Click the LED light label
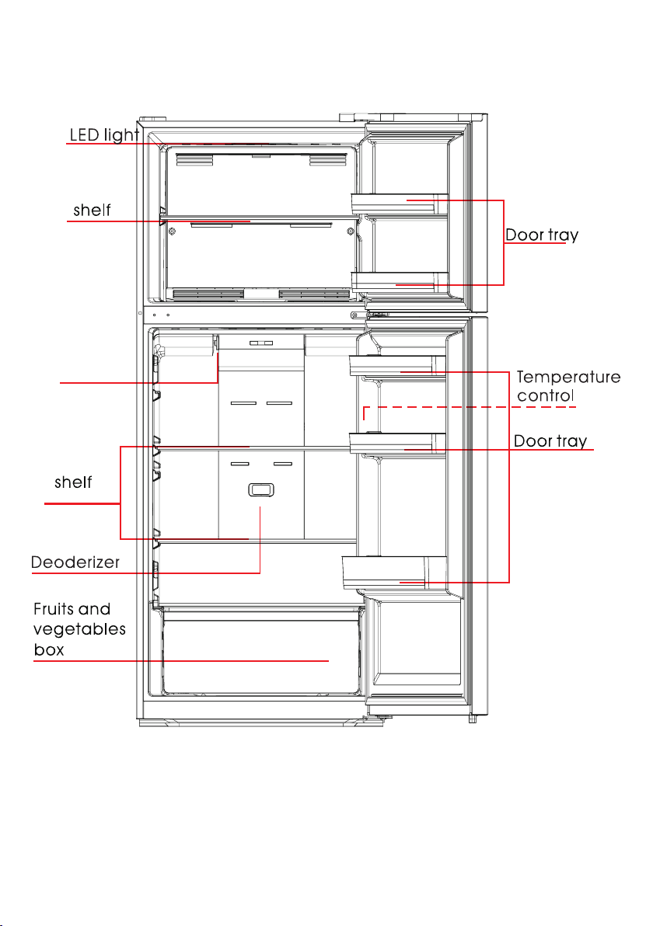pyautogui.click(x=105, y=135)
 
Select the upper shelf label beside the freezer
pyautogui.click(x=93, y=211)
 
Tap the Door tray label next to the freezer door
pyautogui.click(x=542, y=235)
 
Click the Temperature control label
pyautogui.click(x=568, y=386)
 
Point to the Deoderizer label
pyautogui.click(x=75, y=562)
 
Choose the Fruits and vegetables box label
pyautogui.click(x=79, y=629)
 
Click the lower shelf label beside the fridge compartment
pyautogui.click(x=73, y=482)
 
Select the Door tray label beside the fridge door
pyautogui.click(x=550, y=441)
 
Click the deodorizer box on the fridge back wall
pyautogui.click(x=261, y=489)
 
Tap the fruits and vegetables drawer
pyautogui.click(x=260, y=652)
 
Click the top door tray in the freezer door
pyautogui.click(x=400, y=204)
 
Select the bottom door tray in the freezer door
pyautogui.click(x=400, y=282)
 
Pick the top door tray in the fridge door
pyautogui.click(x=397, y=366)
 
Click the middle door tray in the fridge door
pyautogui.click(x=397, y=443)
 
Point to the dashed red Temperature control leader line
pyautogui.click(x=470, y=407)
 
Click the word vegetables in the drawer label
pyautogui.click(x=79, y=630)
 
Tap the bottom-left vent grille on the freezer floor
pyautogui.click(x=208, y=294)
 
